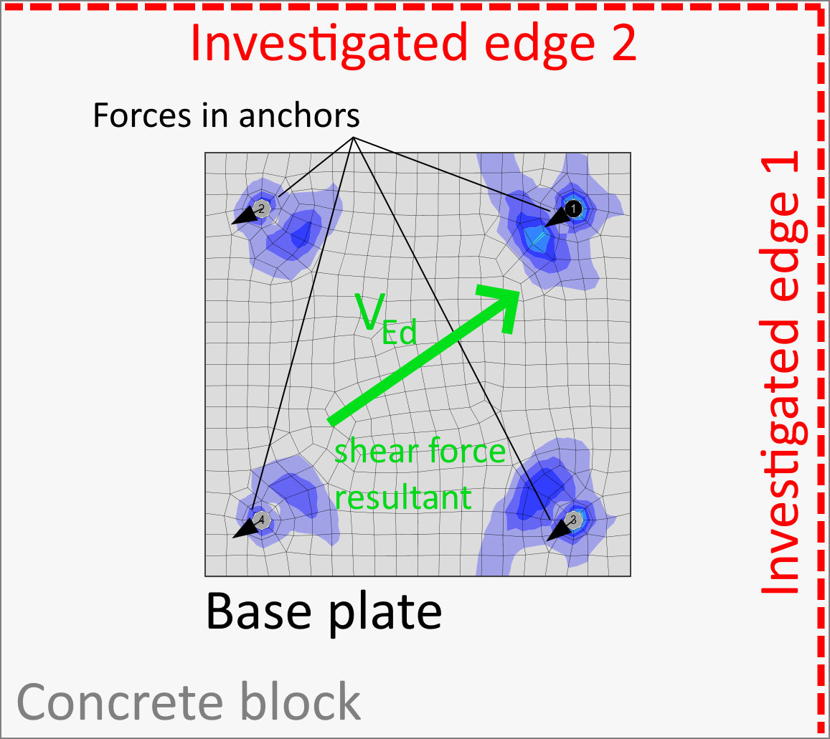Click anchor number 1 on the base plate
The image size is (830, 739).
(x=573, y=209)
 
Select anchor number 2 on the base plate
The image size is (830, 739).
(x=261, y=209)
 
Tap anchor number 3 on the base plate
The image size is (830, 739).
(x=572, y=520)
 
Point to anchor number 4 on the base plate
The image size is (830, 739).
(x=261, y=520)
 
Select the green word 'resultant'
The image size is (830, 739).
(x=403, y=497)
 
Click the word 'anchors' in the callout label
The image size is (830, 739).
(x=299, y=115)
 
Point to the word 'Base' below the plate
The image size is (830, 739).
(x=258, y=611)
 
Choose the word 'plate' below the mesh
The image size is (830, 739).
(x=385, y=614)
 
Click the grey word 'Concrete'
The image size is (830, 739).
(x=120, y=702)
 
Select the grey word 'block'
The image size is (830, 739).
(x=300, y=701)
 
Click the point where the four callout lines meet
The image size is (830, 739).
(x=354, y=138)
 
